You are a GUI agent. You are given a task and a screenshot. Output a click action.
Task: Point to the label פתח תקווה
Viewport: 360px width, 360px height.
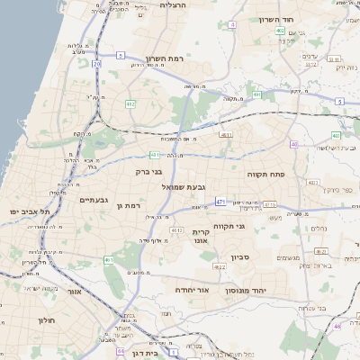tap(265, 169)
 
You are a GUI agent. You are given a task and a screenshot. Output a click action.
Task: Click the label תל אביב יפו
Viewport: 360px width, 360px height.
tap(27, 211)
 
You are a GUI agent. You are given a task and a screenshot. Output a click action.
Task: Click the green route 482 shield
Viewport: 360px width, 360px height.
tap(130, 104)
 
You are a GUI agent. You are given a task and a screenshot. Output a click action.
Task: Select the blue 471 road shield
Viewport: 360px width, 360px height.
tap(220, 202)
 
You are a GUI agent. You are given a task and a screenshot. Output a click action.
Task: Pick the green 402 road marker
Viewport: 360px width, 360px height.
tap(281, 31)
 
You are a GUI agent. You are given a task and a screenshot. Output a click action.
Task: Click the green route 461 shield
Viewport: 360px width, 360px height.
tap(109, 260)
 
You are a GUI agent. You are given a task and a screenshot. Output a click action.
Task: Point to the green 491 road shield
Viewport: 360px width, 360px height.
tap(257, 94)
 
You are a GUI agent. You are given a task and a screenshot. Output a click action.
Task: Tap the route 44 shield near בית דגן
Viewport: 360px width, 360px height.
tap(120, 352)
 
